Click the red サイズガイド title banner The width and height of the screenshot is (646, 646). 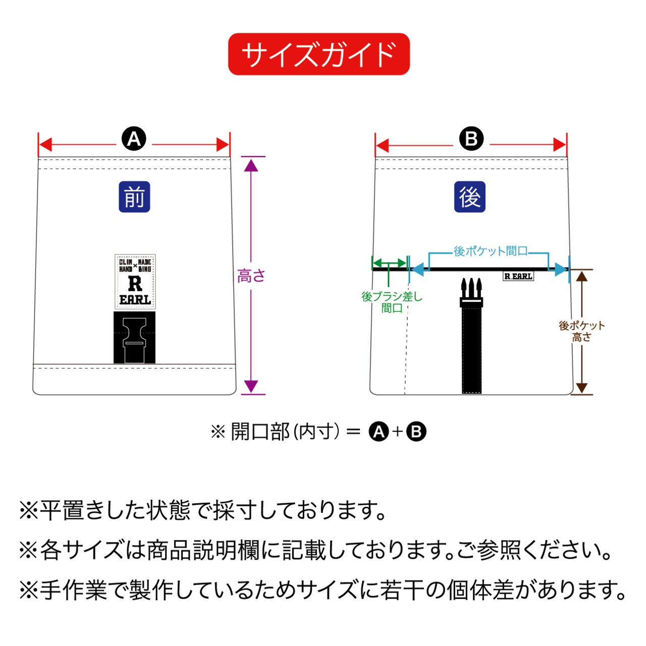(318, 54)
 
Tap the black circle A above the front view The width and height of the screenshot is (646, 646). (134, 139)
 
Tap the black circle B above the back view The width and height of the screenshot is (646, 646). (471, 139)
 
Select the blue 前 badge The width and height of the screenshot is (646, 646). (134, 197)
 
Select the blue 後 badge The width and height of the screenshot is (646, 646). (470, 197)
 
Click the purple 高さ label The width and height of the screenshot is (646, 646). (251, 276)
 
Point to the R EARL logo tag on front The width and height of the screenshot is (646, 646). (135, 282)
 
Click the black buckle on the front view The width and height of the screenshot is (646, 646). (134, 337)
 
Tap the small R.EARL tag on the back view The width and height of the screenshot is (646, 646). (518, 276)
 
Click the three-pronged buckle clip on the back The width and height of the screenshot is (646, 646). (471, 292)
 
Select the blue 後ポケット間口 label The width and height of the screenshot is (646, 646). (490, 251)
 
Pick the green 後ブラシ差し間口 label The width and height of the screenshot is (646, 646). (392, 302)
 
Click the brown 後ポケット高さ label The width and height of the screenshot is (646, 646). (581, 332)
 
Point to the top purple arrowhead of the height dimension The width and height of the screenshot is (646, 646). (251, 165)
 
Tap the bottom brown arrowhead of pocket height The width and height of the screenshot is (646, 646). (582, 388)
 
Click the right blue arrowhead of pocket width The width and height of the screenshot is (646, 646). (561, 270)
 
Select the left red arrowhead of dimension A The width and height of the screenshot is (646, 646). (45, 145)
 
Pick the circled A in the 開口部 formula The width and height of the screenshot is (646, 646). (379, 432)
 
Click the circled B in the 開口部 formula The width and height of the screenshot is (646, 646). (416, 432)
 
